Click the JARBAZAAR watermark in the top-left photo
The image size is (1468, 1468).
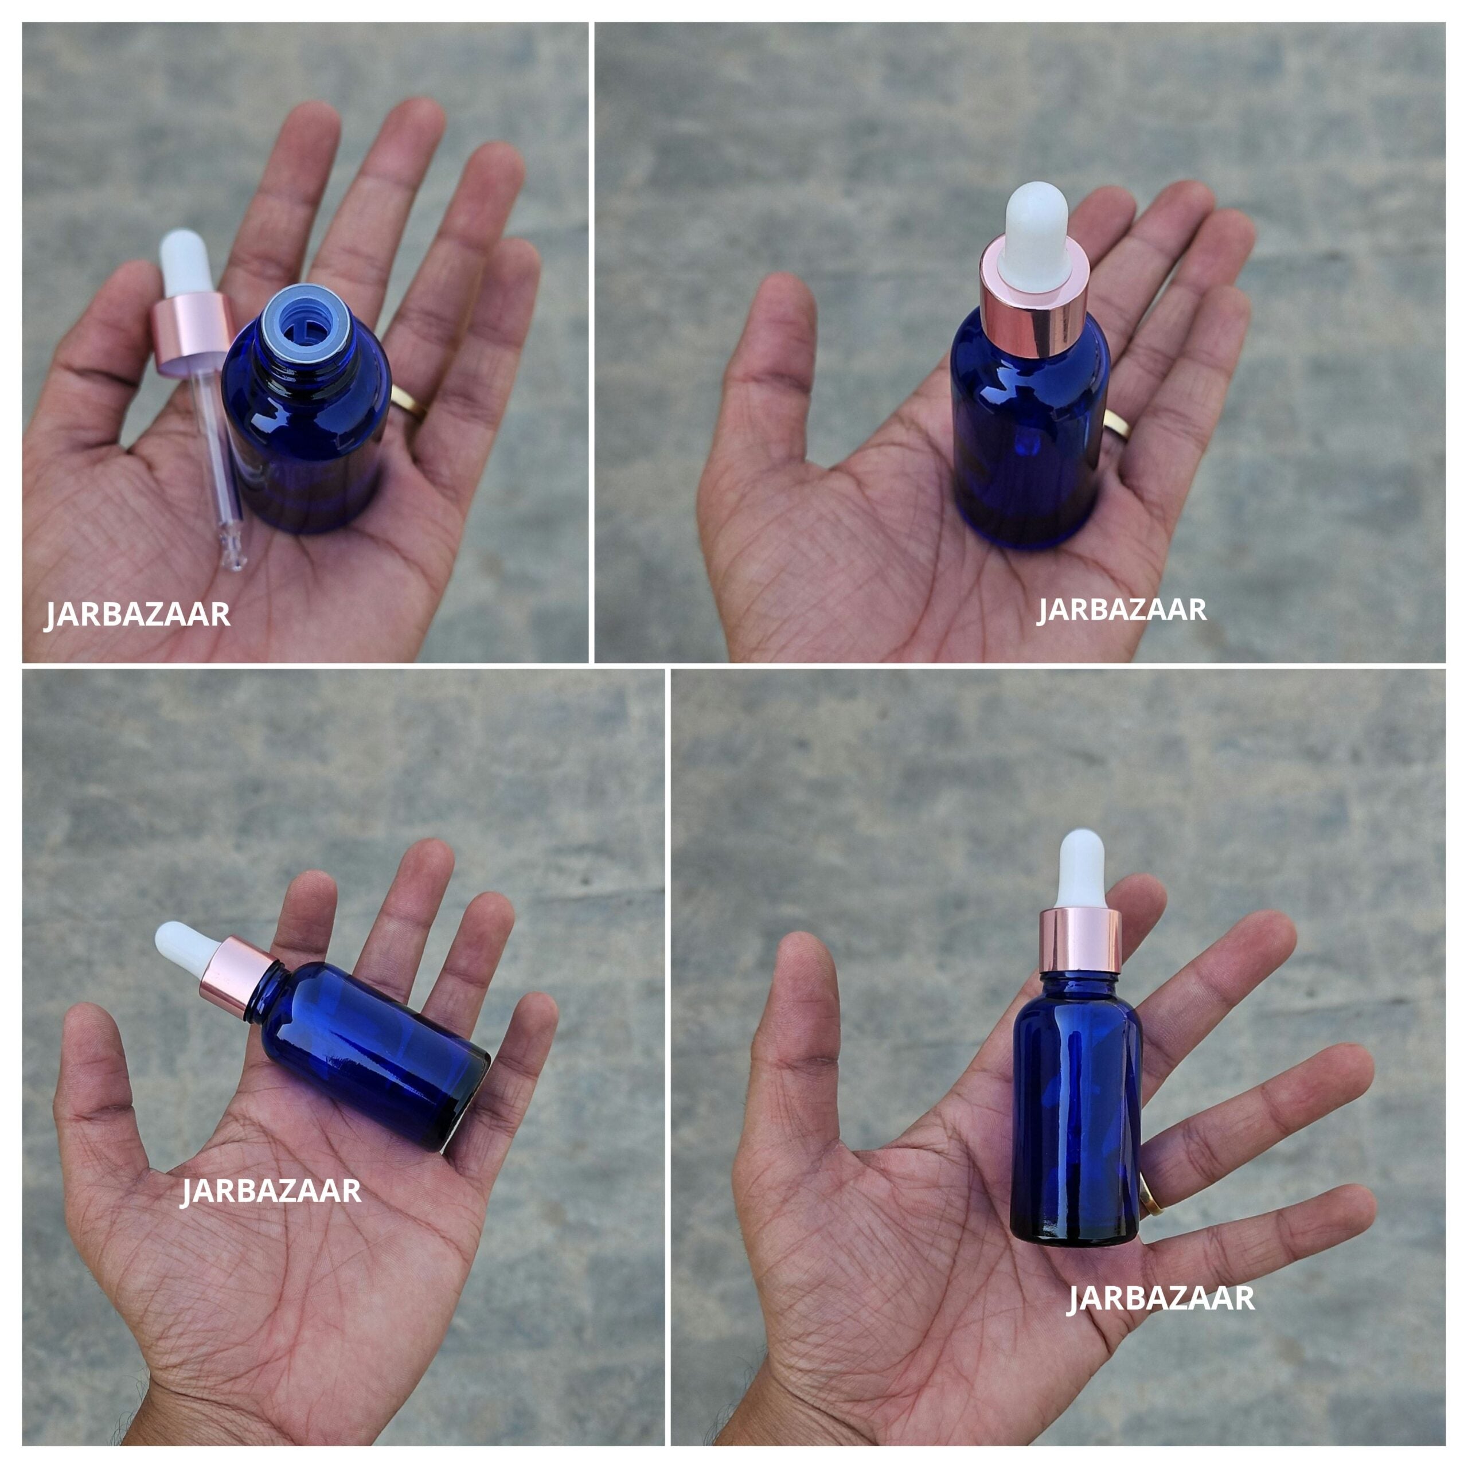(x=138, y=614)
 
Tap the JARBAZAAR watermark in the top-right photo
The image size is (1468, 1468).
(x=1122, y=610)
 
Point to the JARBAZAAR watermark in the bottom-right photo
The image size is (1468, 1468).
(x=1161, y=1298)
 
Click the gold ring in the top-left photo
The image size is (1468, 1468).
(x=408, y=402)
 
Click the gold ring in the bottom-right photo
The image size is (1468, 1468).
(x=1150, y=1201)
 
